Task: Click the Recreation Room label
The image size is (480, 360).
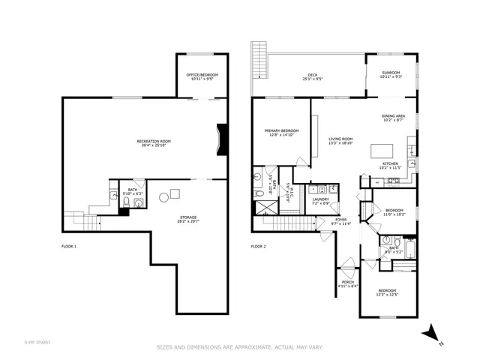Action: coord(154,142)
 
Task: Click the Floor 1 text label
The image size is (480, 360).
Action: coord(69,246)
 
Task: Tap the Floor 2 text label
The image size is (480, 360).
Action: coord(259,246)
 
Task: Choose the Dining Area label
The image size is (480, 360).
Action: coord(393,116)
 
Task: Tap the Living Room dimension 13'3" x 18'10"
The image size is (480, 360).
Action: coord(340,143)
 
